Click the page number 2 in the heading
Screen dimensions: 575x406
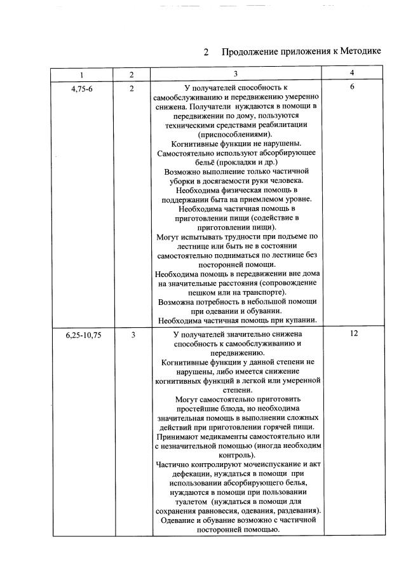point(206,51)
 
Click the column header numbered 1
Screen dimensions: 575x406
point(81,75)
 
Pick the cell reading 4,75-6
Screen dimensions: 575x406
point(81,89)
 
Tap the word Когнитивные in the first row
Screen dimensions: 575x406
point(191,144)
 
